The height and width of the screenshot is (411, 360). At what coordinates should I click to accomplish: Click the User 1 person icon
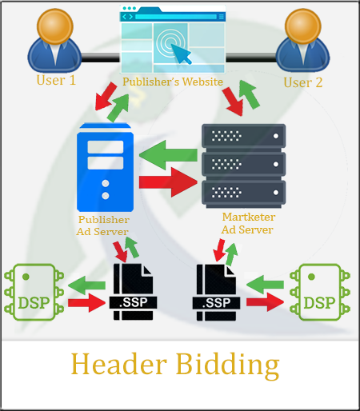click(x=54, y=41)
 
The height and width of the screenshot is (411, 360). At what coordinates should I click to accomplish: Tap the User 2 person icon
click(x=302, y=41)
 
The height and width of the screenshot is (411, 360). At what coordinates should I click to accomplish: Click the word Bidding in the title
click(x=228, y=365)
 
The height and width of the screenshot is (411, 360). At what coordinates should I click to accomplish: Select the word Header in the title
click(x=119, y=364)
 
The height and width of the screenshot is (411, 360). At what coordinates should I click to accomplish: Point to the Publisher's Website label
click(x=173, y=82)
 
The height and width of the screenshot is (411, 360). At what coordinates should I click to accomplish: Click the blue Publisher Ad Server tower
click(x=105, y=167)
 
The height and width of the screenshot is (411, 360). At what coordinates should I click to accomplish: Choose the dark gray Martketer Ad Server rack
click(x=244, y=166)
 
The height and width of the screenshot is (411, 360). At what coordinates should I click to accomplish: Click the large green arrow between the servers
click(x=168, y=155)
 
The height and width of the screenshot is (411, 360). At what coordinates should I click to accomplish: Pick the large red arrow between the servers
click(x=168, y=182)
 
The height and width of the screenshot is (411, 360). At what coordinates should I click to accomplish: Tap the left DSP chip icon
click(x=34, y=292)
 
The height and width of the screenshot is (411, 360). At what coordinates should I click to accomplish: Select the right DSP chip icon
click(x=320, y=292)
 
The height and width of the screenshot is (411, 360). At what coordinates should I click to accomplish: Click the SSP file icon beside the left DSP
click(x=133, y=292)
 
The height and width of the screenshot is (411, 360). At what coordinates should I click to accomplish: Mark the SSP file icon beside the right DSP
click(x=216, y=292)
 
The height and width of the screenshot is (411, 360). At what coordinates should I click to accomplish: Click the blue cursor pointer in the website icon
click(x=181, y=54)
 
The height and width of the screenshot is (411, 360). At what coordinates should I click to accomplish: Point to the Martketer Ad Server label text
click(x=248, y=223)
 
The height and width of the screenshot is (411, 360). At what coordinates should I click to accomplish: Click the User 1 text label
click(x=56, y=80)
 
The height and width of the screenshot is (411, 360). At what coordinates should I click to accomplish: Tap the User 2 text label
click(x=303, y=82)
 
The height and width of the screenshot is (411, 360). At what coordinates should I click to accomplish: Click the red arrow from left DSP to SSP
click(x=86, y=303)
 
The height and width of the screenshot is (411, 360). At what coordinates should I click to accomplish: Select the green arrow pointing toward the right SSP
click(x=265, y=285)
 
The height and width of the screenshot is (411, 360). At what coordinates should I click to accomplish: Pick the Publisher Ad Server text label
click(x=103, y=225)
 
